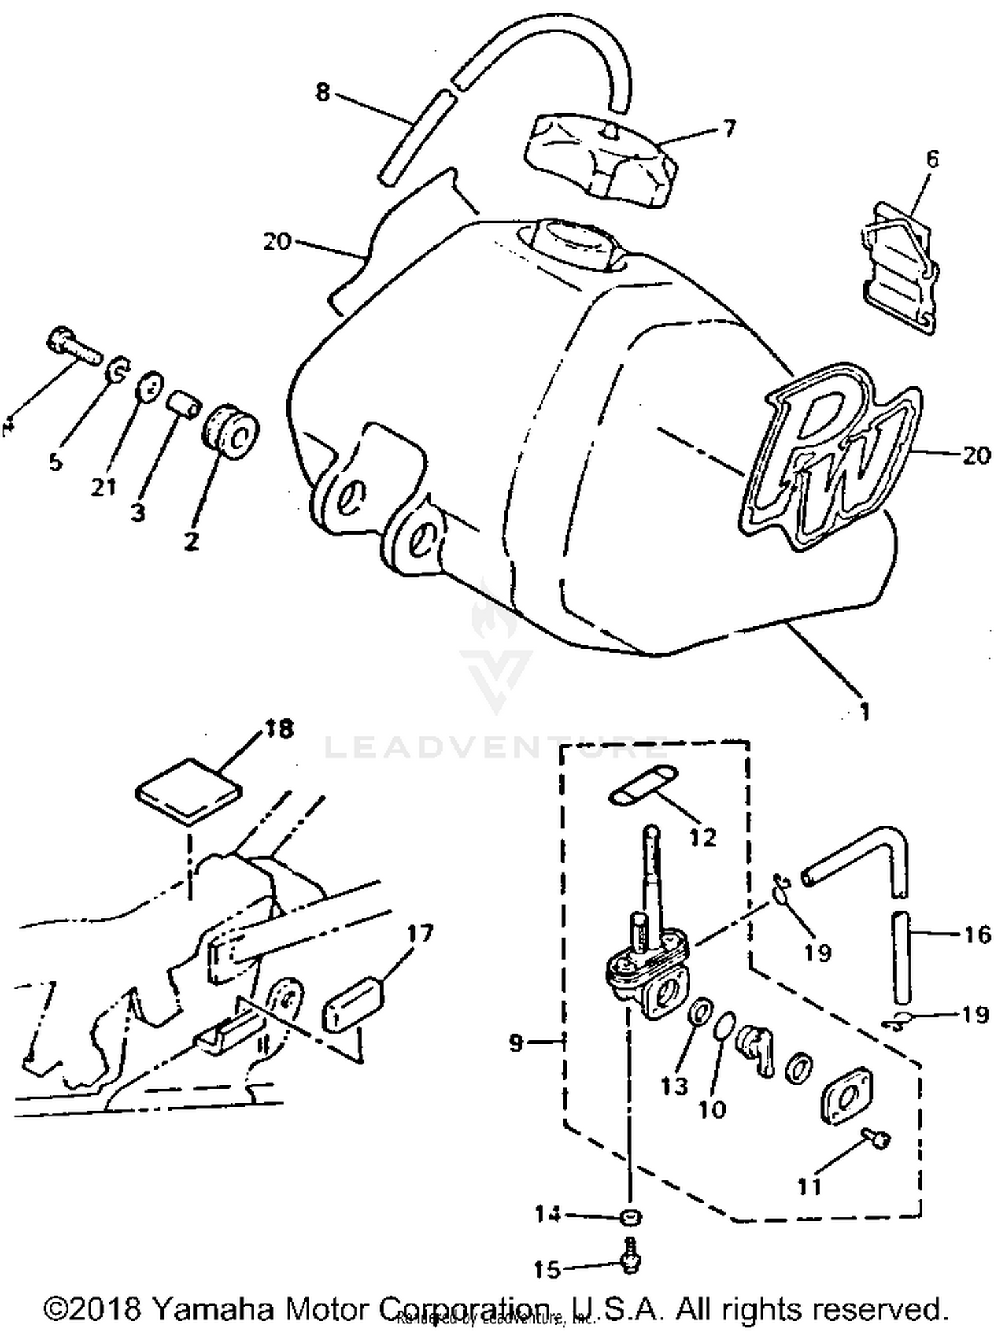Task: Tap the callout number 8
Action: coord(322,92)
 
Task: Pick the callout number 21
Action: coord(104,487)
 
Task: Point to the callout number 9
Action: coord(516,1043)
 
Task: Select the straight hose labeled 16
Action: coord(901,957)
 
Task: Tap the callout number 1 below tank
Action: coord(863,711)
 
